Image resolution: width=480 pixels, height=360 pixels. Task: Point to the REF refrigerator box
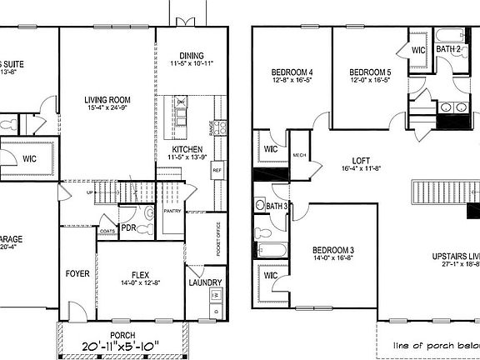point(217,169)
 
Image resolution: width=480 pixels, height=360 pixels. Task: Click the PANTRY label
point(172,211)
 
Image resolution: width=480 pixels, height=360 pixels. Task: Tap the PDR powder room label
point(128,227)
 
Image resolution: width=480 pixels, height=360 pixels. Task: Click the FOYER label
point(77,272)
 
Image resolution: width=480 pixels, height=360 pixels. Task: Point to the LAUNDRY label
point(205,282)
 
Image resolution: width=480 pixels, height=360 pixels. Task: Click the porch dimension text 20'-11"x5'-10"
point(121,345)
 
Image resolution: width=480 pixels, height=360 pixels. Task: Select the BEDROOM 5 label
point(370,71)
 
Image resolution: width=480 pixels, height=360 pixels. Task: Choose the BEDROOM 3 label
point(333,249)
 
